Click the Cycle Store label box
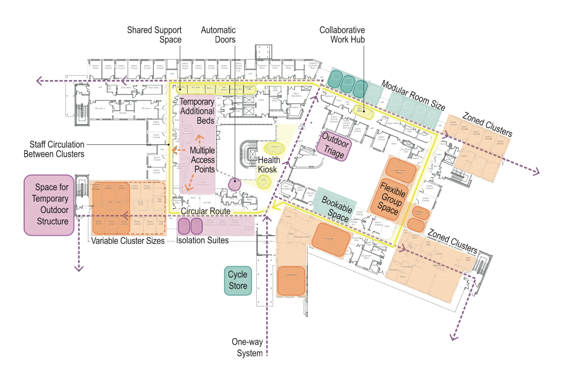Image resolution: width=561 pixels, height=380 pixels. coord(238,280)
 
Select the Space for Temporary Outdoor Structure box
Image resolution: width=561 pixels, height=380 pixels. coord(49,204)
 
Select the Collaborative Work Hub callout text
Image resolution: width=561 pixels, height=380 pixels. coord(342,35)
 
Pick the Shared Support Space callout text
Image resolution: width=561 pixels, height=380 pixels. coord(154,35)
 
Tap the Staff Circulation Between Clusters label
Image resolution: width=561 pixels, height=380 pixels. coord(54,149)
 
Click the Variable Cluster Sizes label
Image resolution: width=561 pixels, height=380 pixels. coord(127,241)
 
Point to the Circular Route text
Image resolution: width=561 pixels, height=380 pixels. coord(205,211)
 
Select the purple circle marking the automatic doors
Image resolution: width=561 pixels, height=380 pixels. coord(234,184)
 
